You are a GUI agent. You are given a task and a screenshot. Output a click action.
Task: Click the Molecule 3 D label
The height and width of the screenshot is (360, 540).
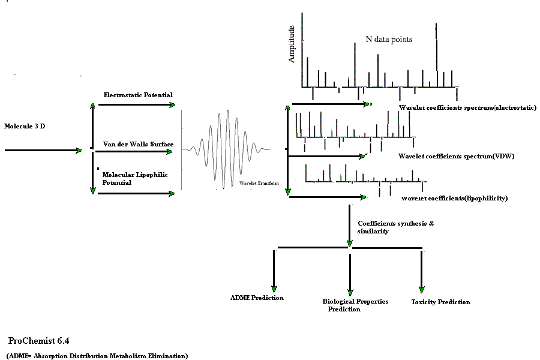coord(25,126)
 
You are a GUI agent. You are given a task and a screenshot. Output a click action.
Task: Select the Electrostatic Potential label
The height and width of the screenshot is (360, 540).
coord(138,95)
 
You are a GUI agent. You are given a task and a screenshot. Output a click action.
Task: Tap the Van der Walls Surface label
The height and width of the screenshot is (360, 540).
coord(138,144)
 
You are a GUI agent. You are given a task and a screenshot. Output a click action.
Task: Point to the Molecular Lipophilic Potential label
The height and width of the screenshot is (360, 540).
coord(135,178)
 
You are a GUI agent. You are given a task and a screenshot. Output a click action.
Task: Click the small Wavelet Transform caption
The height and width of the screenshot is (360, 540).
coord(259,183)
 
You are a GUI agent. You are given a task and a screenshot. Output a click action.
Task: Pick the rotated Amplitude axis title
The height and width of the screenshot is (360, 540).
coord(292,44)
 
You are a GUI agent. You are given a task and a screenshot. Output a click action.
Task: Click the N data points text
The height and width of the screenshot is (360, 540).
coord(389,39)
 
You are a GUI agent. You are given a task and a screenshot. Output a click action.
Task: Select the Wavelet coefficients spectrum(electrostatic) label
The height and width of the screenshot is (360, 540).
coord(467,107)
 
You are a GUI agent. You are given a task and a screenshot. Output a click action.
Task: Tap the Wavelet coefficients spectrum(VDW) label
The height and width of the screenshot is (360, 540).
coord(456,156)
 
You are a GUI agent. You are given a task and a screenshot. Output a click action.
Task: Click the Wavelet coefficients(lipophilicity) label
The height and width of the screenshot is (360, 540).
coord(454,198)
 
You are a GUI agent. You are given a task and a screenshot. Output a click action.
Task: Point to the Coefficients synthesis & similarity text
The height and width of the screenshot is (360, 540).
coord(395,227)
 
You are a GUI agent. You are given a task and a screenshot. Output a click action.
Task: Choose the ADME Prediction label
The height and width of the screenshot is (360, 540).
coord(257,298)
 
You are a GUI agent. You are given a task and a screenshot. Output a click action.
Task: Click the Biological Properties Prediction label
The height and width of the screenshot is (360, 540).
coord(355,305)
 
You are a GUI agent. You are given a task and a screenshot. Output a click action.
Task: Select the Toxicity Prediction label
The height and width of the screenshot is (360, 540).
coord(440,302)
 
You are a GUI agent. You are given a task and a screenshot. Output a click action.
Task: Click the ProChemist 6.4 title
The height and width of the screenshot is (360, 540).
coord(38,341)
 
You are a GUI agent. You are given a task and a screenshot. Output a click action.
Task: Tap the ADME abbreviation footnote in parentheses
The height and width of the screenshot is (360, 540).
coord(97,356)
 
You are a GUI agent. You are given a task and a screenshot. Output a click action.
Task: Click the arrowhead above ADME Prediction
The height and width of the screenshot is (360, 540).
coord(274,289)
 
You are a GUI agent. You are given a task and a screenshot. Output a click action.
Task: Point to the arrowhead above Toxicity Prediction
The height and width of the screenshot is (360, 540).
coord(422,289)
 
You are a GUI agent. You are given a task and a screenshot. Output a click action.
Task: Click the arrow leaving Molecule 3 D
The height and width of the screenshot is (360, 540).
coord(43,150)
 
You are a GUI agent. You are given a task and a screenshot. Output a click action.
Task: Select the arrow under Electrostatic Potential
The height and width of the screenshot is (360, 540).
coord(137,105)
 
